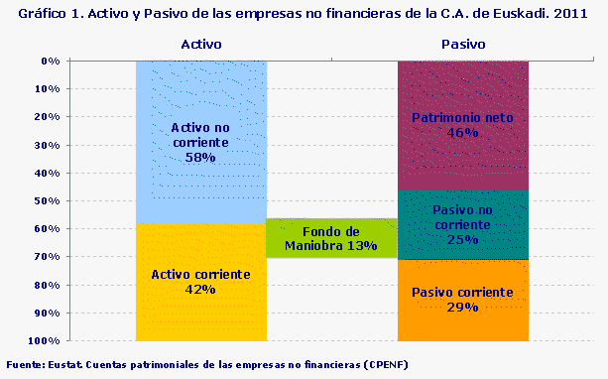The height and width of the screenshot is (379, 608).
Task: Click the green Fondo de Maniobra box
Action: pyautogui.click(x=331, y=238)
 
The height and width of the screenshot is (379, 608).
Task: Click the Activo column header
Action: pyautogui.click(x=200, y=45)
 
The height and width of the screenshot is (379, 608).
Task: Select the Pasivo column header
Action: pyautogui.click(x=462, y=45)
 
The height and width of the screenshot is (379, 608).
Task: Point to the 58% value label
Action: pyautogui.click(x=200, y=157)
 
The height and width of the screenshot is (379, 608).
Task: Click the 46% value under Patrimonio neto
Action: pyautogui.click(x=462, y=132)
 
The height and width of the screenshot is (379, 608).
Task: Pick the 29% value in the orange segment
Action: pyautogui.click(x=462, y=308)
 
